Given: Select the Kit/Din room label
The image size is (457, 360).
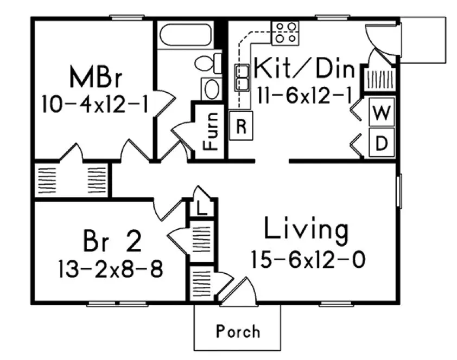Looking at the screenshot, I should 304,69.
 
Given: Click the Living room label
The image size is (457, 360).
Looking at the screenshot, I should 305,230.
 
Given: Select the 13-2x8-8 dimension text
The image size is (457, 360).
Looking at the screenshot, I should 110,269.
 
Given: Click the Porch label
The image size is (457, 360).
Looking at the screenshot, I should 238,331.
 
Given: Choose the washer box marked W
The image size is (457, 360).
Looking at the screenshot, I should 382,113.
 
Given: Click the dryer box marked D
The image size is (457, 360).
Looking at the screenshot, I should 382,143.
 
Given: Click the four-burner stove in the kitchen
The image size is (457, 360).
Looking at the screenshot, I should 286,32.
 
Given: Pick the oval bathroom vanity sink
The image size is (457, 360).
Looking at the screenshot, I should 211,88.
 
